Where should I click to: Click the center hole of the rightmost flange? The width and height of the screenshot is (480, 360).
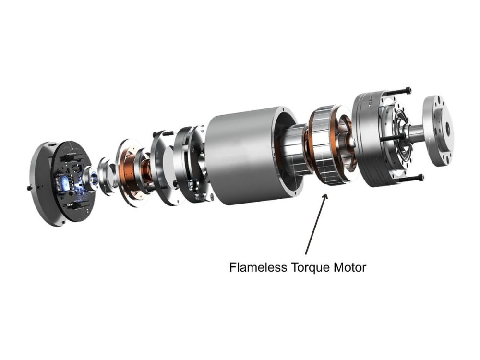pos(448,128)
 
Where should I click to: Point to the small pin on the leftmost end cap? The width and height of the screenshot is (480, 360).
pos(30,188)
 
